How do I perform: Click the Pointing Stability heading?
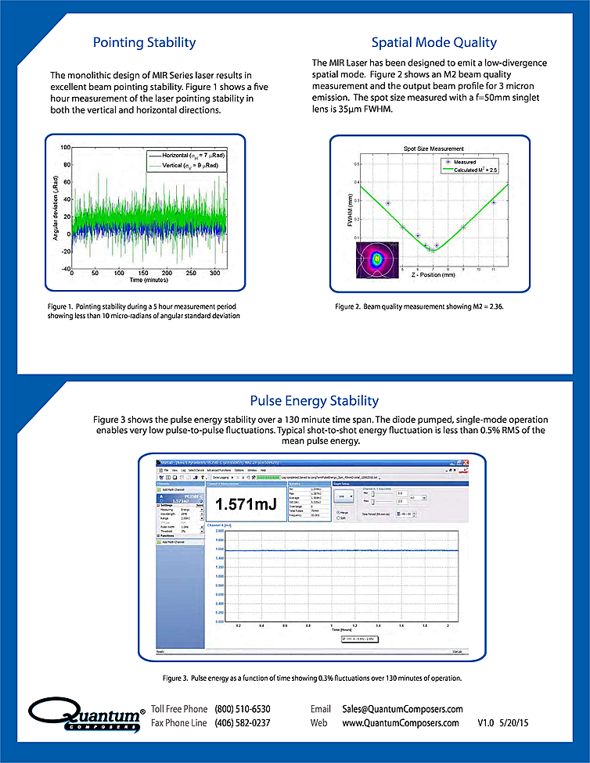(x=144, y=42)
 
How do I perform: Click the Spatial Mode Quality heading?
(x=434, y=42)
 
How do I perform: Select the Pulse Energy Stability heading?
(x=304, y=402)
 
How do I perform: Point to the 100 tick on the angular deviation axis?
(x=66, y=147)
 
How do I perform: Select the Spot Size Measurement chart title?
(x=433, y=148)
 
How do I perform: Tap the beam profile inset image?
(x=379, y=260)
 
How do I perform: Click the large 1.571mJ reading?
(x=246, y=504)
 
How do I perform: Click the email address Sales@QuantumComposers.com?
(x=402, y=709)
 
